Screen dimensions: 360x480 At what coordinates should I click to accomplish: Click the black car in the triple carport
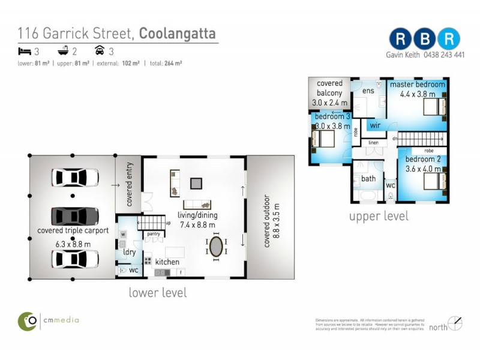click(75, 216)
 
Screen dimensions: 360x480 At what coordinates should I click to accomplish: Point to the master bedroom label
click(418, 85)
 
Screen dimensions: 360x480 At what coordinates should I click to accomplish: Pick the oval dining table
click(217, 247)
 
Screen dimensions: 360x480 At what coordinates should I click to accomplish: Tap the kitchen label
click(167, 262)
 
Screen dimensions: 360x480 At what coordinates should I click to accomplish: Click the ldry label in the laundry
click(130, 253)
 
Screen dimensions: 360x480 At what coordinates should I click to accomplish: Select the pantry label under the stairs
click(153, 233)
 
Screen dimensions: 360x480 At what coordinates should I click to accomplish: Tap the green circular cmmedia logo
click(28, 320)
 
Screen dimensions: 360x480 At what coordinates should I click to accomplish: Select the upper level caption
click(379, 216)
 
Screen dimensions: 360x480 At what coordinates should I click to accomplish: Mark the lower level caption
click(158, 293)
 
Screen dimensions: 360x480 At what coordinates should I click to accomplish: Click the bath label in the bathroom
click(368, 179)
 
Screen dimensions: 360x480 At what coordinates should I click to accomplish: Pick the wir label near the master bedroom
click(375, 125)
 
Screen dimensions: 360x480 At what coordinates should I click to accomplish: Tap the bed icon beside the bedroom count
click(23, 52)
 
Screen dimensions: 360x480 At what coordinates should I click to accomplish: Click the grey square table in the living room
click(196, 184)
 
